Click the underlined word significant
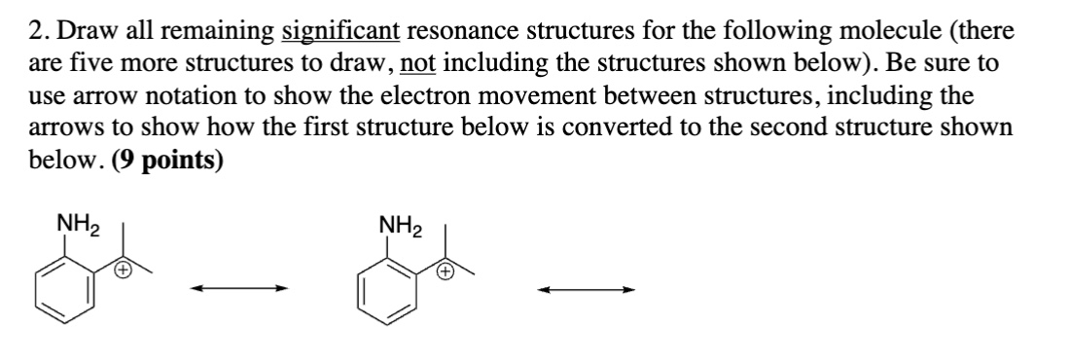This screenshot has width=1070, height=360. (x=339, y=31)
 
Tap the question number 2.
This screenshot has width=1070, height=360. (x=35, y=31)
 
